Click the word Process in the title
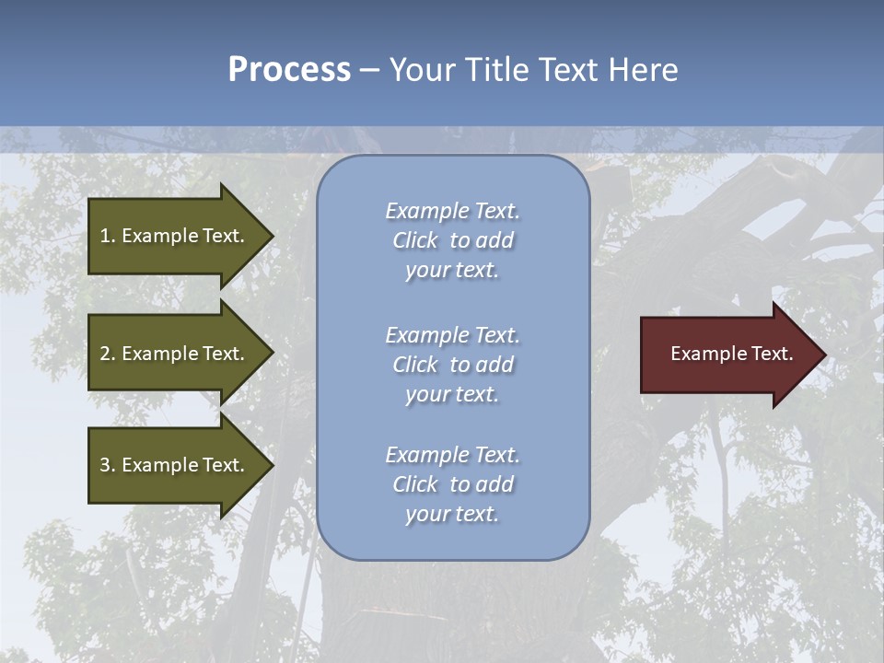coord(289,70)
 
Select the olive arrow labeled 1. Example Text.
coord(175,236)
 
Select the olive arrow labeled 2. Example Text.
coord(175,354)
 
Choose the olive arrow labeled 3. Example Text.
coord(175,465)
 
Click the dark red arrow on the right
coord(727,355)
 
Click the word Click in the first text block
coord(415,240)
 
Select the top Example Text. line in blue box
coord(452,211)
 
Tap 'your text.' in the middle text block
coord(452,394)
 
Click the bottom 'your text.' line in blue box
coord(452,514)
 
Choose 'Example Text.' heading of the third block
coord(452,455)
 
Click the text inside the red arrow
coord(731,354)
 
